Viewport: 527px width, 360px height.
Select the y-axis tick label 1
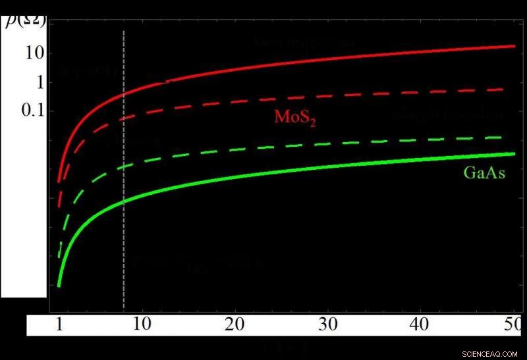tap(38, 83)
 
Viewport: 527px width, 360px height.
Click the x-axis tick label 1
tap(59, 325)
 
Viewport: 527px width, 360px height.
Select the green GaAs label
tap(484, 174)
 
